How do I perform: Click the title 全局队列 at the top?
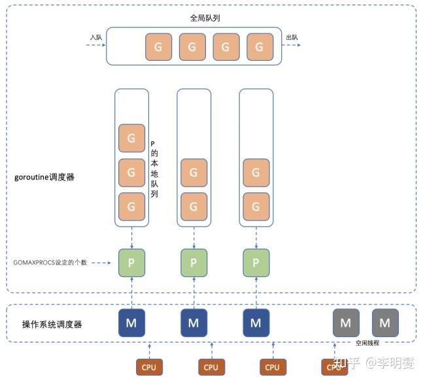tap(205, 18)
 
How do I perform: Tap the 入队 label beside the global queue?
tap(96, 37)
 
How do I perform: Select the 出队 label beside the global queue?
tap(292, 37)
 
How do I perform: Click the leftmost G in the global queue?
tap(158, 46)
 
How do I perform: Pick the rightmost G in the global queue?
tap(260, 46)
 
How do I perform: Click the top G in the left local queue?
tap(131, 138)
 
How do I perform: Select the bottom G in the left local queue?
tap(131, 206)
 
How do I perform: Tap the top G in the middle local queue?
tap(194, 172)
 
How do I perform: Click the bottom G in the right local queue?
tap(256, 206)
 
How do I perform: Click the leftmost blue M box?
tap(131, 323)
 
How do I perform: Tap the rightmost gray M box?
tap(385, 323)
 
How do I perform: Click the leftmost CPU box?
tap(148, 367)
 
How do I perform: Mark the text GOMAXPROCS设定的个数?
tap(50, 263)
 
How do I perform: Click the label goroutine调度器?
tap(44, 177)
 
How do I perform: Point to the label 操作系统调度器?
tap(52, 324)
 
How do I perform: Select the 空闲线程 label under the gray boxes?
tap(367, 342)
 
